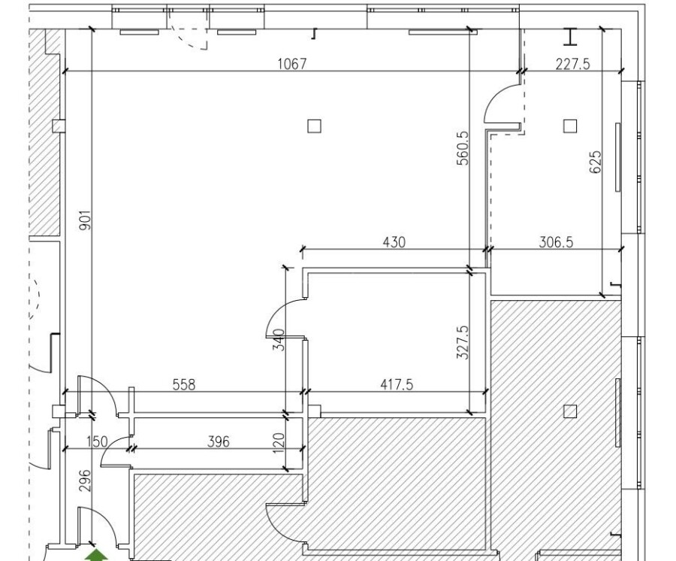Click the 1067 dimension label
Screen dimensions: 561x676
pyautogui.click(x=292, y=64)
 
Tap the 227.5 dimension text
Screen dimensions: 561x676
pyautogui.click(x=572, y=64)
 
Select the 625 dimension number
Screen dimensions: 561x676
pyautogui.click(x=596, y=162)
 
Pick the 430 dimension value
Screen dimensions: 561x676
pyautogui.click(x=394, y=242)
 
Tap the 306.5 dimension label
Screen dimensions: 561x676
pyautogui.click(x=556, y=242)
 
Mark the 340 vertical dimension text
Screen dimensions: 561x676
pyautogui.click(x=279, y=341)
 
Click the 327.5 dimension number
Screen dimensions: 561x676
pyautogui.click(x=463, y=342)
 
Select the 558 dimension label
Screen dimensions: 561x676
pyautogui.click(x=183, y=384)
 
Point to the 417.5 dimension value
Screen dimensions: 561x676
pyautogui.click(x=396, y=384)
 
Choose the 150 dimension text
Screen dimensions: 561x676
pyautogui.click(x=97, y=441)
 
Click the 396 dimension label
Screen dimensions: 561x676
pyautogui.click(x=218, y=441)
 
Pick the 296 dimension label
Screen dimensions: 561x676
pyautogui.click(x=85, y=478)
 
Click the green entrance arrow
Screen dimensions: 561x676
pyautogui.click(x=95, y=555)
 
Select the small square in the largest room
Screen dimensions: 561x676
pyautogui.click(x=314, y=126)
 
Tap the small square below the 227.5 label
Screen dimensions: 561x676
pyautogui.click(x=570, y=126)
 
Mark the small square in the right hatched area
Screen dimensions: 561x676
pyautogui.click(x=570, y=411)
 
